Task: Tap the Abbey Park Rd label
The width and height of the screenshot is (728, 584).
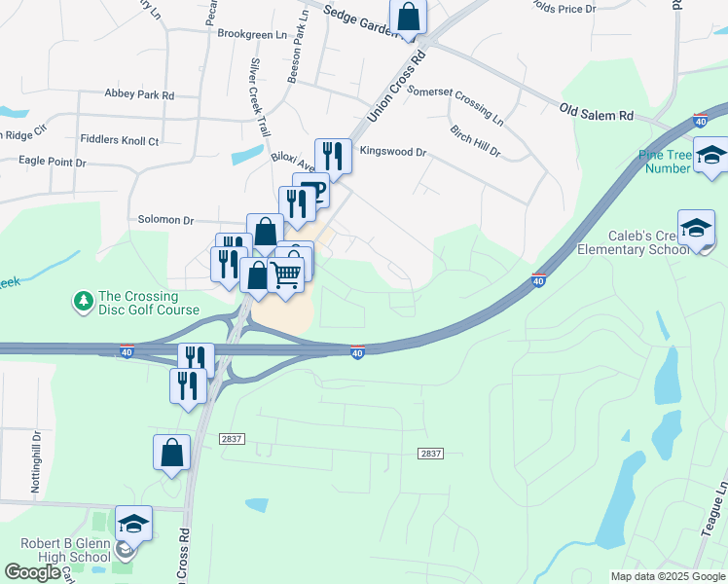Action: click(139, 95)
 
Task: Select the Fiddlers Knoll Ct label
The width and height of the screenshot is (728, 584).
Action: click(120, 141)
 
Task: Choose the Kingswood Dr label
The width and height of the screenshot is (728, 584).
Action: click(393, 152)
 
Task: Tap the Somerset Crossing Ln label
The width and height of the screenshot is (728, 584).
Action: click(455, 105)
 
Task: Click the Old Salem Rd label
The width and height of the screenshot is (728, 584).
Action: click(596, 115)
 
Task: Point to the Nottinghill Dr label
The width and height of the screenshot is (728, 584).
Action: click(36, 463)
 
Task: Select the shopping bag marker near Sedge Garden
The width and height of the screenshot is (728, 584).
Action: click(409, 17)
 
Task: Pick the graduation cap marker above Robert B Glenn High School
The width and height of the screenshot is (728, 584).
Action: click(133, 525)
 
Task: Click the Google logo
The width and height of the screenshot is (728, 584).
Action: click(31, 572)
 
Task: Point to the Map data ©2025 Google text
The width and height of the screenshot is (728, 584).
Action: click(667, 576)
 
